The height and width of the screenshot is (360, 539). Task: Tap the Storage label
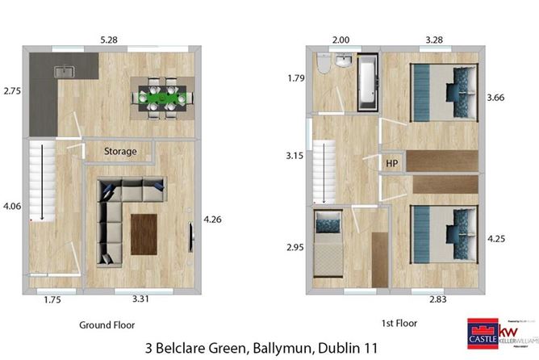120,151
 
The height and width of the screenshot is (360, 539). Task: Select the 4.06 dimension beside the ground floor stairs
12,207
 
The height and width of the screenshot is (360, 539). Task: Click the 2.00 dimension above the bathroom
342,40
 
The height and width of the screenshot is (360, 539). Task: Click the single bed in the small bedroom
329,242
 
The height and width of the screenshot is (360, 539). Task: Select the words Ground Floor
107,324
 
